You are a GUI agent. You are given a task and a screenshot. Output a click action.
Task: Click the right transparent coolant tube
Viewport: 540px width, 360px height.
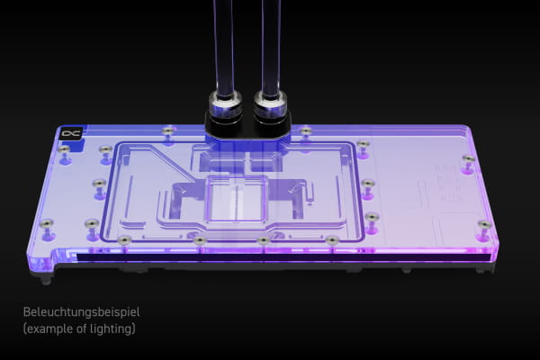point(269,45)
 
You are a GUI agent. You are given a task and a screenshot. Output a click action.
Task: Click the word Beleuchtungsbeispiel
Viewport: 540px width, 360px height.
point(82,312)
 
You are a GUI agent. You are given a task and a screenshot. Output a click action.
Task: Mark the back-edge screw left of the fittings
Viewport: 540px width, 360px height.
point(168,131)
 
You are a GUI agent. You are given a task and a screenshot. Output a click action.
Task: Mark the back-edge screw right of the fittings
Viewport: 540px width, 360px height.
point(306,131)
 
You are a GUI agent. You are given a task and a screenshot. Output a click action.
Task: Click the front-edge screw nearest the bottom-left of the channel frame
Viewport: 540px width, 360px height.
point(124,239)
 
